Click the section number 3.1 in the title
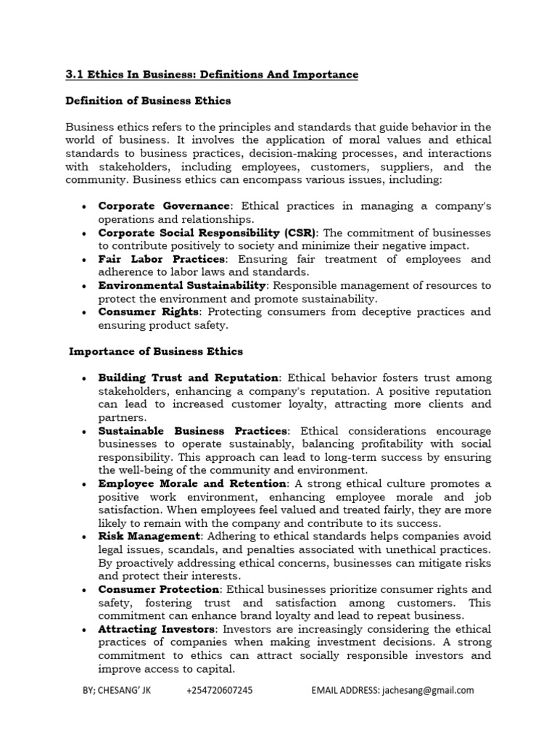74,75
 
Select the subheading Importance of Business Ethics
156,351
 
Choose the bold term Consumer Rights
148,311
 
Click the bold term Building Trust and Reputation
189,378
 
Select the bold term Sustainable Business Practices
193,431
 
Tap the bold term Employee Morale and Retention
191,483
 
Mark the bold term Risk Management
149,536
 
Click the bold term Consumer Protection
158,589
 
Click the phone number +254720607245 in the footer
220,691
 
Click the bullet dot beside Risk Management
85,537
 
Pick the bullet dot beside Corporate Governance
85,208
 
